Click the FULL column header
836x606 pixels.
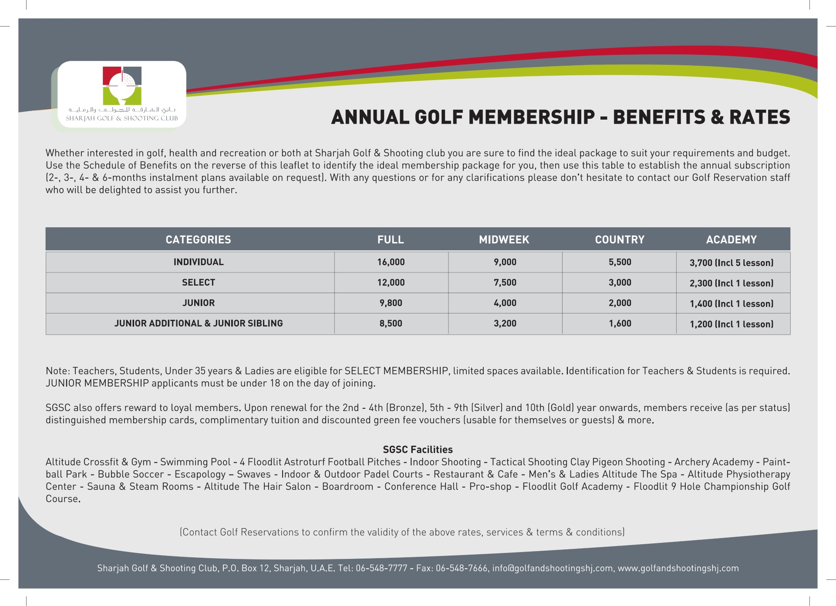tap(391, 239)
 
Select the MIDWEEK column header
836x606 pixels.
tap(504, 239)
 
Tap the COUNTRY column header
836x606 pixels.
tap(620, 239)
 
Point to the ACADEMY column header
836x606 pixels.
tap(731, 239)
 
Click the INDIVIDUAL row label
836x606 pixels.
tap(199, 262)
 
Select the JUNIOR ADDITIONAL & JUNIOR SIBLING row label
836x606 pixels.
tap(199, 323)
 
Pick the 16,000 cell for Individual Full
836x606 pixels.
tap(391, 262)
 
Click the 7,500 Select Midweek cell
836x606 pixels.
tap(505, 283)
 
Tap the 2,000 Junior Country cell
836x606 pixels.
tap(620, 303)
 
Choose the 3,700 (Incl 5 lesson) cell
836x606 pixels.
tap(731, 263)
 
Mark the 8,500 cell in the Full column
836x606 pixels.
tap(391, 323)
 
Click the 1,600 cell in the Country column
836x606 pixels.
tap(620, 323)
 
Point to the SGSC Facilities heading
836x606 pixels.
tap(418, 450)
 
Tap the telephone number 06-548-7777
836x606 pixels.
tap(381, 568)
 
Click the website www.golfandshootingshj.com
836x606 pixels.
tap(678, 568)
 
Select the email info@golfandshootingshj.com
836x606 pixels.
tap(552, 568)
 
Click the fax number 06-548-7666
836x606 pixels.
tap(462, 568)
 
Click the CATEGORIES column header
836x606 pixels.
tap(198, 239)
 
